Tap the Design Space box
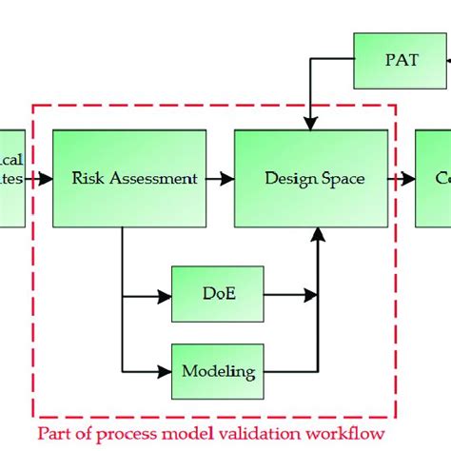click(x=313, y=178)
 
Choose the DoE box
click(x=214, y=295)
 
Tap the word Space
click(x=343, y=178)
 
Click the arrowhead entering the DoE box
click(x=165, y=295)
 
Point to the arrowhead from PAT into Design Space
click(x=310, y=123)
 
